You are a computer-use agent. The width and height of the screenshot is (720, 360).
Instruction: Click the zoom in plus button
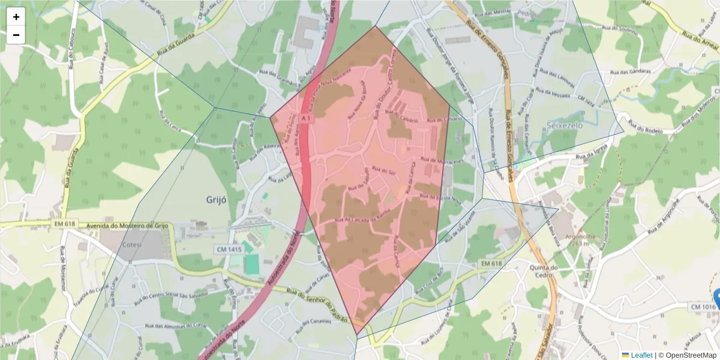tap(16, 17)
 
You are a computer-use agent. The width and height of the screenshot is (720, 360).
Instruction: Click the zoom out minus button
tap(16, 35)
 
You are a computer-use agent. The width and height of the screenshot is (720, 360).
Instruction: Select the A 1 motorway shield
tap(305, 118)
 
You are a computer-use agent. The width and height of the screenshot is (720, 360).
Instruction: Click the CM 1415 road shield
tap(228, 249)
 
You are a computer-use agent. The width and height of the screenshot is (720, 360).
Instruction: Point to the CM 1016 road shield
tap(703, 307)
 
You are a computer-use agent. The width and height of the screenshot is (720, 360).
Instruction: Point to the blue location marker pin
tap(717, 296)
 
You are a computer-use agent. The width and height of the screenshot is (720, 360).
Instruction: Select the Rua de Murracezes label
tap(443, 161)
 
